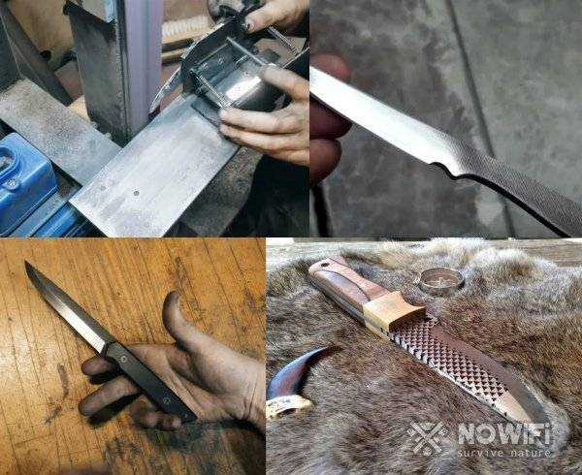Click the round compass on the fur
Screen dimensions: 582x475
[x=441, y=280]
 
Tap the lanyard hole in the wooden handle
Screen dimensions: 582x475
[x=325, y=265]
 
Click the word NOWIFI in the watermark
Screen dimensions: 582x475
[x=504, y=434]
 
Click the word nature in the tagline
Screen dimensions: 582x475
[x=529, y=454]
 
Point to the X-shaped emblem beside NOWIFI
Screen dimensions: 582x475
[x=427, y=438]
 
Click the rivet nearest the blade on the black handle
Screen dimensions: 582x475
[x=123, y=359]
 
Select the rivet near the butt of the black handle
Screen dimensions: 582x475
[x=166, y=399]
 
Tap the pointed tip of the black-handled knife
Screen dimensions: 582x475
[x=25, y=262]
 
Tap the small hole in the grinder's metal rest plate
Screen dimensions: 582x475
[x=136, y=193]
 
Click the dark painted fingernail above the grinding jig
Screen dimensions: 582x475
[x=247, y=26]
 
